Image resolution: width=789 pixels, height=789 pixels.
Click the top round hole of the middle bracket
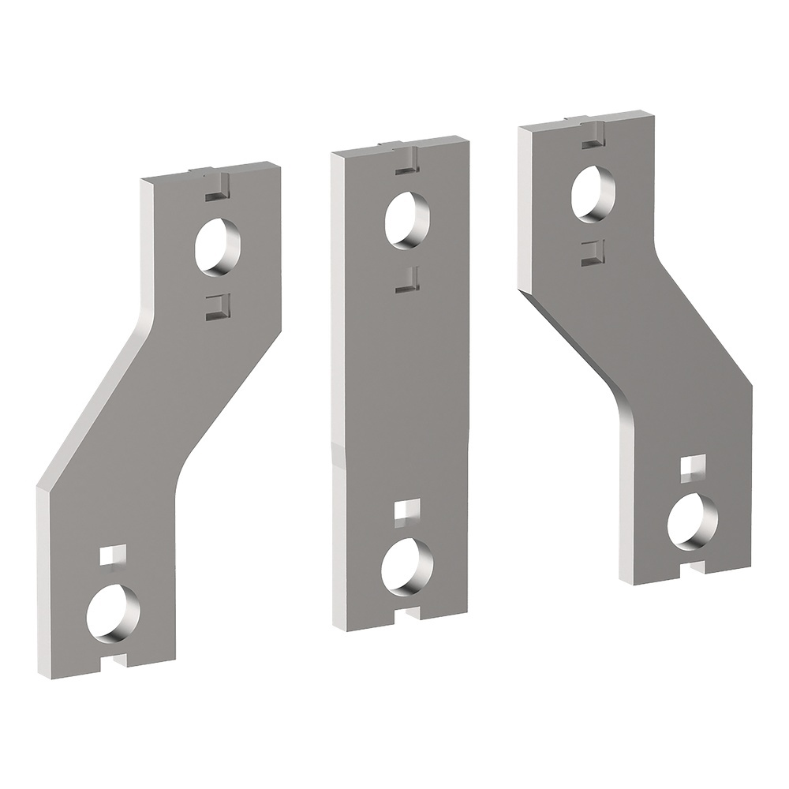[x=406, y=219]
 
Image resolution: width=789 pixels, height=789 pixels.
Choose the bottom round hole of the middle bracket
[x=406, y=568]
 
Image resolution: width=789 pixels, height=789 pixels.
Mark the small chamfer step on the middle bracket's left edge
[x=338, y=454]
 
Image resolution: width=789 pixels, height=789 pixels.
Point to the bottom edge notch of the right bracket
[x=696, y=565]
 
